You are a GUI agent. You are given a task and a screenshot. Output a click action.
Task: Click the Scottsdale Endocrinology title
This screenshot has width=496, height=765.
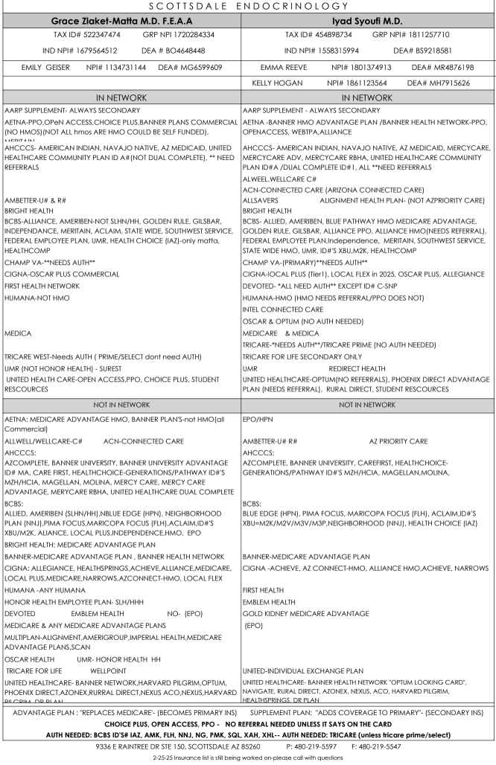tap(247, 6)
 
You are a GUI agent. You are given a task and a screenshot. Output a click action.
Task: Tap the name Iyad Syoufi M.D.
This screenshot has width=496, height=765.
tap(368, 21)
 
